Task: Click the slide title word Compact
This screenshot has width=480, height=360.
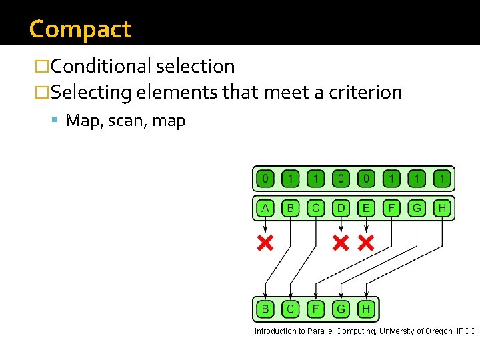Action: click(x=81, y=29)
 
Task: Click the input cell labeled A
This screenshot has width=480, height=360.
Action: click(x=265, y=209)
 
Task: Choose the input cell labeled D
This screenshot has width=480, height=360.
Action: click(x=341, y=209)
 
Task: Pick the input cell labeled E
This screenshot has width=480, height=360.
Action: click(x=366, y=209)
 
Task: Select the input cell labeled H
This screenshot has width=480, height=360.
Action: click(x=441, y=209)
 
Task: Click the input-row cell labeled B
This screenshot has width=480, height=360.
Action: click(x=291, y=209)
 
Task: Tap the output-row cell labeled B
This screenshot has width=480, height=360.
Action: click(x=265, y=309)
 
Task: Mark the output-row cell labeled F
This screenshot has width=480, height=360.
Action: click(x=315, y=309)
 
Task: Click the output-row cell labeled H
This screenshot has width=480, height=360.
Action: click(x=366, y=309)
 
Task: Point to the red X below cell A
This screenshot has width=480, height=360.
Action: click(x=265, y=243)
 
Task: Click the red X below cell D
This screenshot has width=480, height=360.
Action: click(x=341, y=243)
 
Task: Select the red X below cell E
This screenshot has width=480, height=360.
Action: click(x=366, y=243)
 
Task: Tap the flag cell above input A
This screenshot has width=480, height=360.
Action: click(x=265, y=179)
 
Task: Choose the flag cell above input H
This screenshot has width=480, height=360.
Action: click(x=441, y=179)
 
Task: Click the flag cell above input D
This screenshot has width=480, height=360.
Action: click(x=341, y=179)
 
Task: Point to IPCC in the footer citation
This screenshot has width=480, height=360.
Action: click(x=467, y=331)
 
